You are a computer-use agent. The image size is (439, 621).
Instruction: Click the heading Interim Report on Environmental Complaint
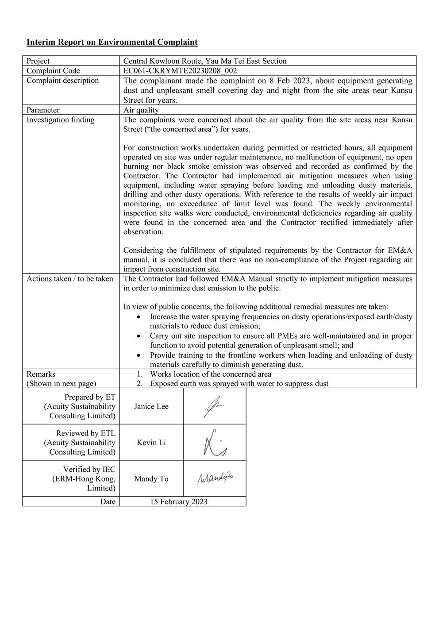tap(112, 42)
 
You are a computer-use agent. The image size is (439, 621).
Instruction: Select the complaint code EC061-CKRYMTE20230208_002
tap(180, 71)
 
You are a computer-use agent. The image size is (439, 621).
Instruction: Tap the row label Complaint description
tap(62, 81)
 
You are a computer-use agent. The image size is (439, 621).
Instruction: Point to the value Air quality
tap(141, 110)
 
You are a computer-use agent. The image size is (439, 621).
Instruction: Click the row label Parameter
tap(43, 110)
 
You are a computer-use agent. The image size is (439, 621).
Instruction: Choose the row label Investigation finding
tap(60, 120)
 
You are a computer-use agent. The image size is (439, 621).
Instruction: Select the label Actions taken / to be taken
tap(69, 279)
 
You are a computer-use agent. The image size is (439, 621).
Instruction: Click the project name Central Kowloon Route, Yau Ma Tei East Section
tap(204, 61)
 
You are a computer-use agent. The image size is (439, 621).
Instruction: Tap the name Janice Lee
tap(151, 406)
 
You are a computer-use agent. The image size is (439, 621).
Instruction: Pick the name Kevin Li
tap(151, 443)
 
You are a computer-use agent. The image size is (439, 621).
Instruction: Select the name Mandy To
tap(151, 479)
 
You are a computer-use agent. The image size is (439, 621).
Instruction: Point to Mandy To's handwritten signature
tap(216, 478)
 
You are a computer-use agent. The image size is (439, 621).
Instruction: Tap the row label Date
tap(108, 501)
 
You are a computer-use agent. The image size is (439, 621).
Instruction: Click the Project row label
tap(38, 61)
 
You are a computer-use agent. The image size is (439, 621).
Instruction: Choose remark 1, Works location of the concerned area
tap(210, 374)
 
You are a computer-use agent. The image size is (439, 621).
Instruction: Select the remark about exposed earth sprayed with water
tap(239, 384)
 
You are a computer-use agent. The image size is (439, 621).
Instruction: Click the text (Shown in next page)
tap(61, 384)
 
